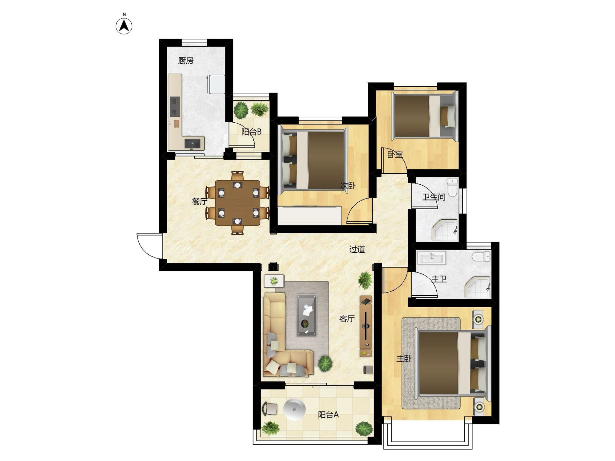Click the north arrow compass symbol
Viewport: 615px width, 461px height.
pyautogui.click(x=124, y=26)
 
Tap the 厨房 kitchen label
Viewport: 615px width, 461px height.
pyautogui.click(x=186, y=61)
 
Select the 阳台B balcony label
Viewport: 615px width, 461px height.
pyautogui.click(x=251, y=132)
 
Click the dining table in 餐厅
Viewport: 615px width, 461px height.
pyautogui.click(x=237, y=203)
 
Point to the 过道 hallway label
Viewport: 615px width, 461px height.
pyautogui.click(x=357, y=249)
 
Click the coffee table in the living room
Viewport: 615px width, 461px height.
pyautogui.click(x=306, y=315)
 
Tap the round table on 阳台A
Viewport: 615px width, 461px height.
pyautogui.click(x=294, y=409)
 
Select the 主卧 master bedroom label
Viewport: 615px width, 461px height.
pyautogui.click(x=404, y=359)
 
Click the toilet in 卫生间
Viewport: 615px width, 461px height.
pyautogui.click(x=452, y=187)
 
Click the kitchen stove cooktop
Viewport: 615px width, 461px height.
pyautogui.click(x=175, y=107)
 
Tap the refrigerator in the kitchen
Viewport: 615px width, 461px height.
pyautogui.click(x=216, y=84)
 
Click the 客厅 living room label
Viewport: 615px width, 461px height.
pyautogui.click(x=347, y=319)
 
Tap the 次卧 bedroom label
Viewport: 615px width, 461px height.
pyautogui.click(x=348, y=186)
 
